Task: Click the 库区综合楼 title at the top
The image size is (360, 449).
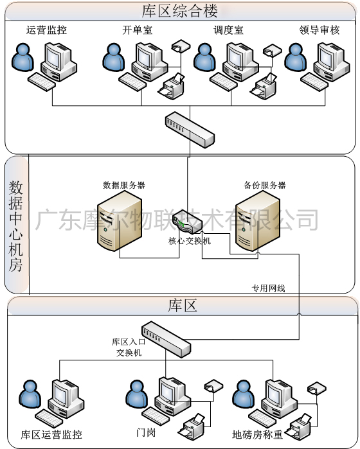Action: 179,11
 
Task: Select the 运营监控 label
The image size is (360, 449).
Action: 46,30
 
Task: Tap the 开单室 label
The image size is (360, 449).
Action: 137,30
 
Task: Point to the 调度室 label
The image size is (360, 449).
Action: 228,30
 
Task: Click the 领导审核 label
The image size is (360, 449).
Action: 319,30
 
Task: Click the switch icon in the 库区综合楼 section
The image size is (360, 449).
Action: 190,128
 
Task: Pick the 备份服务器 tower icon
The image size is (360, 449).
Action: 257,222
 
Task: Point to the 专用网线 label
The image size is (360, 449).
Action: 268,288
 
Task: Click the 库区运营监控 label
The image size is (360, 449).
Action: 51,434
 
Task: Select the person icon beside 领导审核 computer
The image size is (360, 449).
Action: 296,58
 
